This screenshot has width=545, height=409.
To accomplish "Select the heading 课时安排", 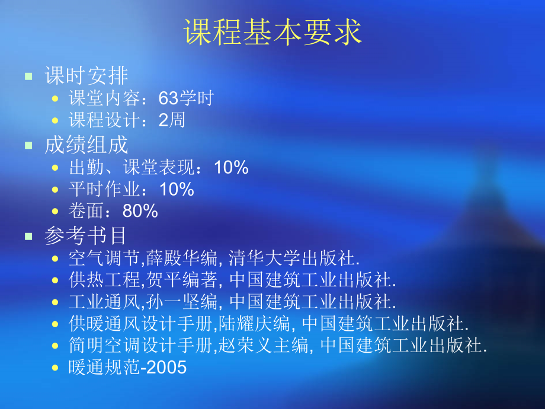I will tap(86, 76).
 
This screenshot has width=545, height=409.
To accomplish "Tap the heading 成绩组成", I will tap(86, 145).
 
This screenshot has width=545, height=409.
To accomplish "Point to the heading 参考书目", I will tap(86, 236).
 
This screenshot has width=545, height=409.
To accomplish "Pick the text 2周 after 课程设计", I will tap(172, 121).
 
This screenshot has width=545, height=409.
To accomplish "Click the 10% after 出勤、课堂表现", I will tap(231, 168).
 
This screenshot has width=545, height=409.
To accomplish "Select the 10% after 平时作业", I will tap(177, 190).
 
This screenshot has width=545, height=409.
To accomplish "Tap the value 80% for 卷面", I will tap(140, 212).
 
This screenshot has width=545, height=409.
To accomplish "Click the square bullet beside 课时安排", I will tap(28, 76).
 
